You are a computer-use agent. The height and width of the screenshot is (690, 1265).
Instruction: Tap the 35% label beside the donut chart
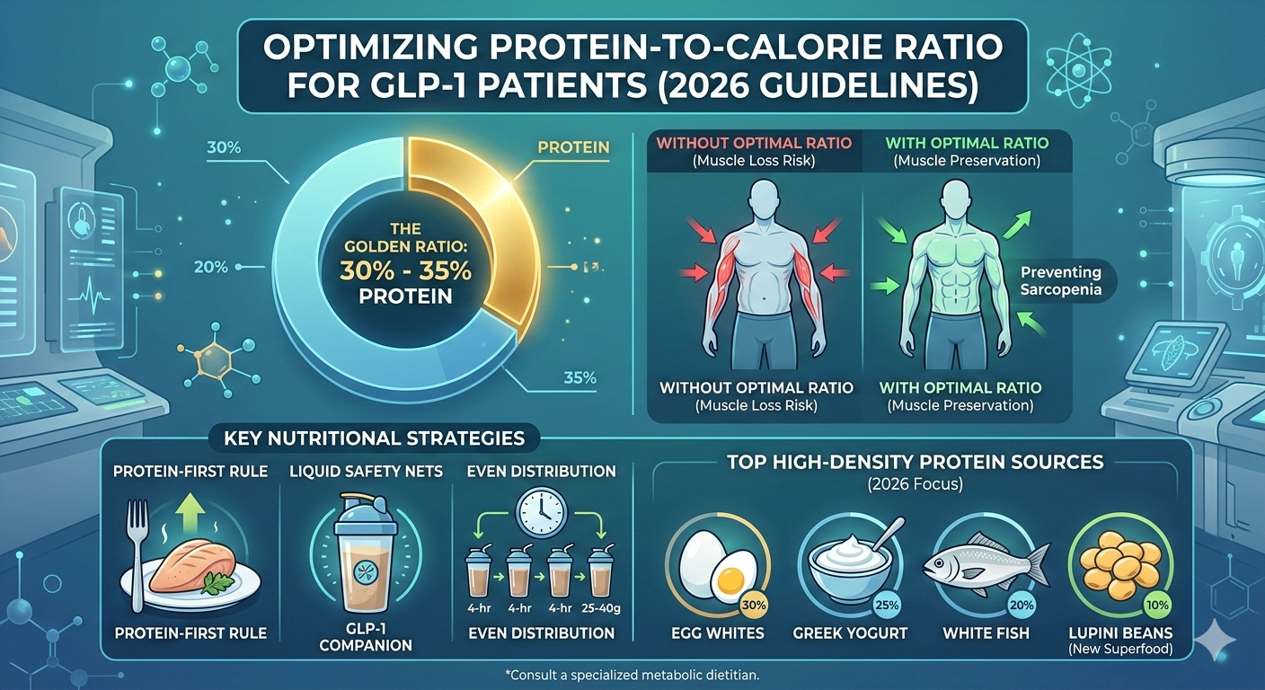(579, 377)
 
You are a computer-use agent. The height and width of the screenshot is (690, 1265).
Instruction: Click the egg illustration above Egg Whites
(711, 562)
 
